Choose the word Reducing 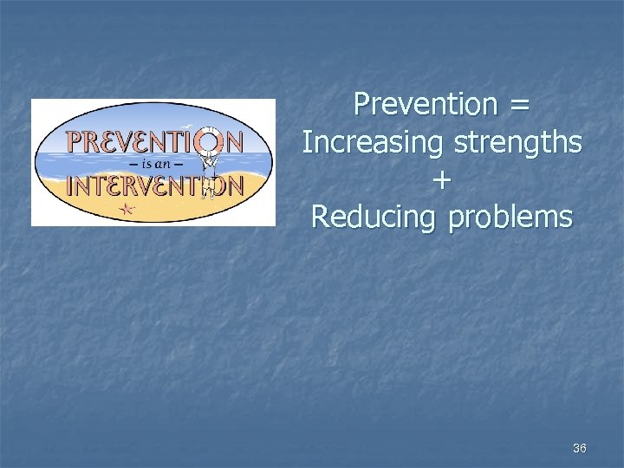(374, 218)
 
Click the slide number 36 (580, 448)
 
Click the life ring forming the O (209, 141)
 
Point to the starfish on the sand (127, 208)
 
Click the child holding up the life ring (209, 173)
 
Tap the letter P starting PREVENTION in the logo (75, 141)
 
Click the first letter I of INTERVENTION (69, 185)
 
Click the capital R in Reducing (321, 216)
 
